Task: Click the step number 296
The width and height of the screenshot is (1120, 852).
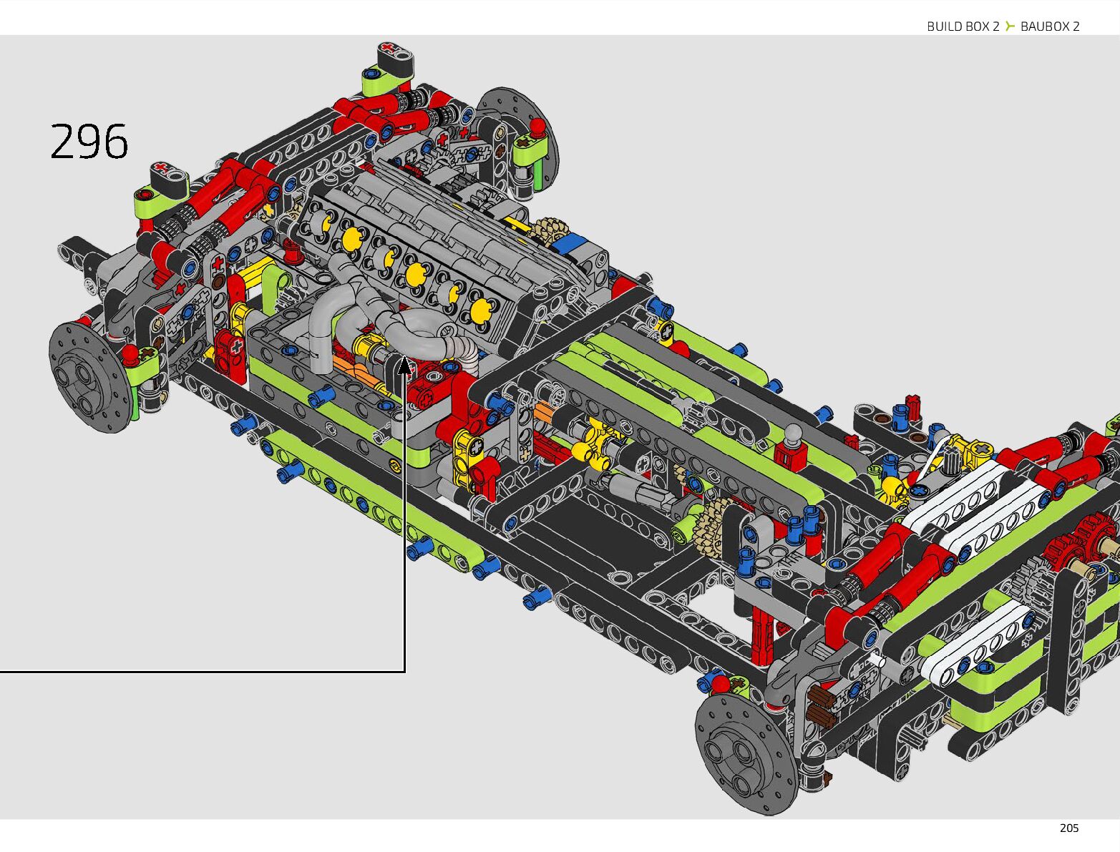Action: pyautogui.click(x=89, y=141)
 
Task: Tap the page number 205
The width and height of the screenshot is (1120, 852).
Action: pyautogui.click(x=1069, y=828)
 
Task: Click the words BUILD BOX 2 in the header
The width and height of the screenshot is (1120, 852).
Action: pyautogui.click(x=963, y=26)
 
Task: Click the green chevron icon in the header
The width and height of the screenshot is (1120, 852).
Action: pyautogui.click(x=1010, y=26)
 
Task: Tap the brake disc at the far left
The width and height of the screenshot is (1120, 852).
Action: pyautogui.click(x=89, y=376)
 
